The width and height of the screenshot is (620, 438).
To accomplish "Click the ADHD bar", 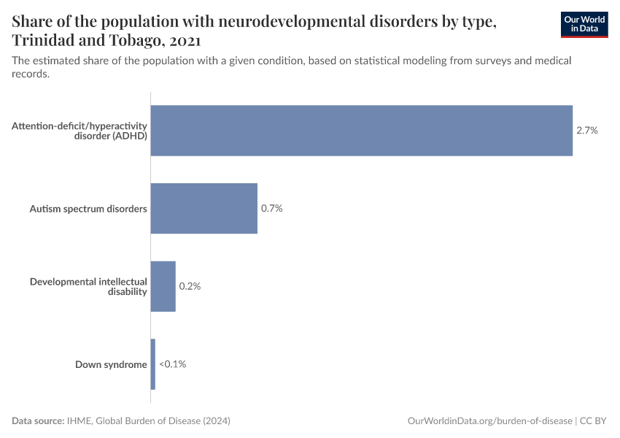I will coord(361,131).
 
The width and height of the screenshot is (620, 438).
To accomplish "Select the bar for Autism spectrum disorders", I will coord(204,209).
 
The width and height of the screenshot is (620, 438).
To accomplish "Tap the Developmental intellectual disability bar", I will coord(163,286).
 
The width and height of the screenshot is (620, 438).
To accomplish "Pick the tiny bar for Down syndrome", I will coord(153,364).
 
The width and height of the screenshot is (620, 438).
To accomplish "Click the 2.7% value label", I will coord(587,131).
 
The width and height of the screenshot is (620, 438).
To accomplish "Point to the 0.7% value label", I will coord(271,209).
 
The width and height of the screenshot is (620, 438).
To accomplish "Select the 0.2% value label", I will coord(190,286).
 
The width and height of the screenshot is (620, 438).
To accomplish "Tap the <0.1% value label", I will coord(172,364).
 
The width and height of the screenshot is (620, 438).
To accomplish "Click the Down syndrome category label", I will coord(111,364).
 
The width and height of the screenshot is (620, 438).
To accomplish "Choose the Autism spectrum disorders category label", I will coord(88,209).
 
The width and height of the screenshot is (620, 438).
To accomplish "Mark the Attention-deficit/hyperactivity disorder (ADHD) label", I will coord(80,131).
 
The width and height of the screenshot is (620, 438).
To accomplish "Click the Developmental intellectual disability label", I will coord(88,286).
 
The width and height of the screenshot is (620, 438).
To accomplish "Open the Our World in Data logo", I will coord(584,24).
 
